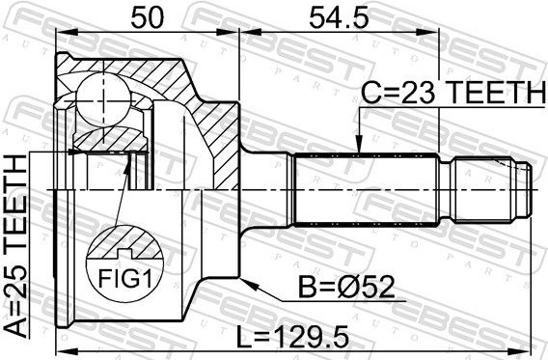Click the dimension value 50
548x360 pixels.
[147, 17]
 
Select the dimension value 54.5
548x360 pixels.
[339, 17]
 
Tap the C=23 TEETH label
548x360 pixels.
[452, 93]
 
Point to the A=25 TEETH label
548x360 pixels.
[15, 246]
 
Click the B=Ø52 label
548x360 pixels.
[346, 288]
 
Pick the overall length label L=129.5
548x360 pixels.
[293, 337]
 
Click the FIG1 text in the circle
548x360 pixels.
[125, 279]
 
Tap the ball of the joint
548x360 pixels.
[104, 100]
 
